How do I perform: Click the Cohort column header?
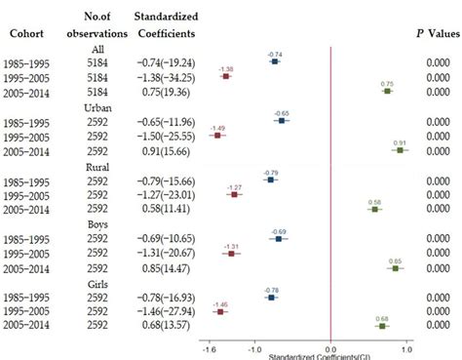tap(25, 31)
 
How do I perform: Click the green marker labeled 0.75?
tap(387, 92)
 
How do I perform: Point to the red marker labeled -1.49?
tap(217, 136)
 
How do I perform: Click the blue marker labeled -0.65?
tap(282, 121)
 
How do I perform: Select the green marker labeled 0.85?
tap(395, 268)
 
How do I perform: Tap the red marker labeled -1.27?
tap(234, 194)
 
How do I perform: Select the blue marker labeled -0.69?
tap(279, 239)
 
